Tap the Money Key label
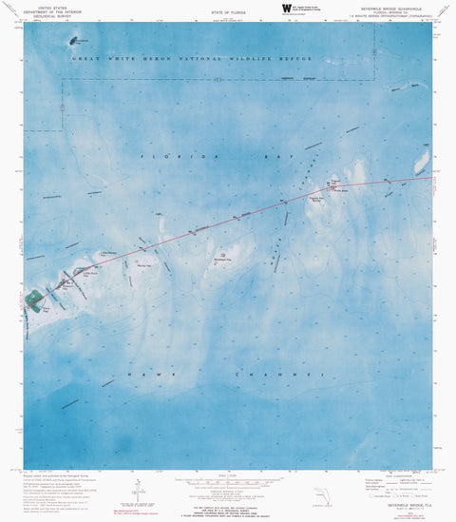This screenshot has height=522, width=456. point(145,264)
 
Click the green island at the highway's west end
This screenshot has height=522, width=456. point(35,300)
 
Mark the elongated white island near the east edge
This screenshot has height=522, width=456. point(420,164)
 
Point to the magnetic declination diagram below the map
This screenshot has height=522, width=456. point(139,489)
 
